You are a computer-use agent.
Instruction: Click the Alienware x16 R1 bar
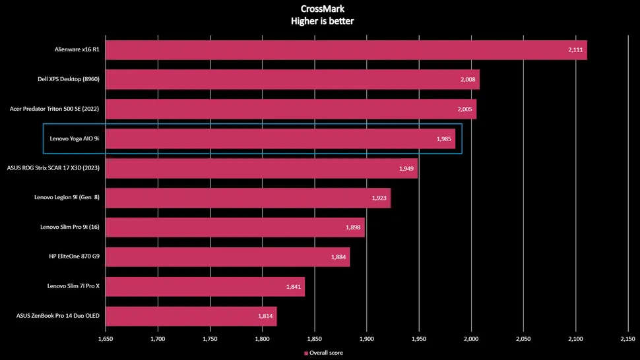pyautogui.click(x=346, y=50)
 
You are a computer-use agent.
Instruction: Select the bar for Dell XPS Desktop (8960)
pyautogui.click(x=292, y=80)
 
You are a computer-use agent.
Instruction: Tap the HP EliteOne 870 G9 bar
pyautogui.click(x=228, y=257)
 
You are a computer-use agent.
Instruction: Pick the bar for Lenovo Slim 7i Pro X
pyautogui.click(x=205, y=287)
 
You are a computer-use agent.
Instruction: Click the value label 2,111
pyautogui.click(x=575, y=50)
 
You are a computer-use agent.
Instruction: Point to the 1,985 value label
pyautogui.click(x=444, y=139)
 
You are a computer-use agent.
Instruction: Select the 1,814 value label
pyautogui.click(x=265, y=316)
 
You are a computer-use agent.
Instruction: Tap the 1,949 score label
pyautogui.click(x=406, y=169)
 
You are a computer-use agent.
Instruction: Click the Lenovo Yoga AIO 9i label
pyautogui.click(x=74, y=139)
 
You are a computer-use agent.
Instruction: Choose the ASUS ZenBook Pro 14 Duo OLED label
pyautogui.click(x=58, y=316)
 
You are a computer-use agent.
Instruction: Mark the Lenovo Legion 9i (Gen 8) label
pyautogui.click(x=67, y=198)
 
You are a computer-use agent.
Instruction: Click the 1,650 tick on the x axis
pyautogui.click(x=106, y=339)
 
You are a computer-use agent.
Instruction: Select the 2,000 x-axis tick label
pyautogui.click(x=471, y=339)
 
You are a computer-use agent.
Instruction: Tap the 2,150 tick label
pyautogui.click(x=627, y=339)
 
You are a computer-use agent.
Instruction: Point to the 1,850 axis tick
pyautogui.click(x=315, y=339)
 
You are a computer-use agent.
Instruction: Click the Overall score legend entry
pyautogui.click(x=323, y=353)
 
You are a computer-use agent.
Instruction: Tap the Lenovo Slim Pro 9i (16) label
pyautogui.click(x=69, y=227)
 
